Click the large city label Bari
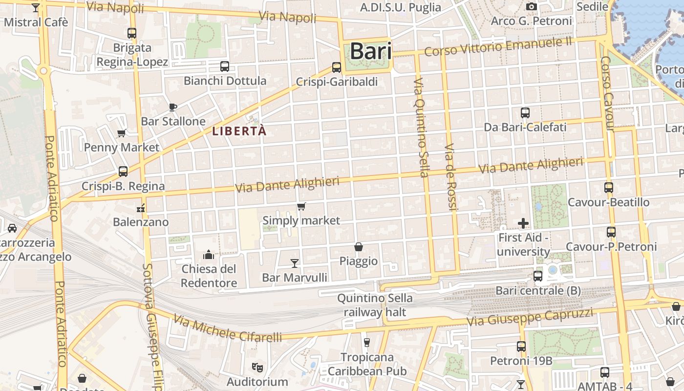371,51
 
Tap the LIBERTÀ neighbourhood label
239,131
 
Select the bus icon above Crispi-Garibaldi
336,67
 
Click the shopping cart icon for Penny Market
122,133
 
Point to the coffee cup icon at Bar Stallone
172,107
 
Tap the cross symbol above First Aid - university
523,223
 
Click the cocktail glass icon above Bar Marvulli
294,263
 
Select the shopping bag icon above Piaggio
359,247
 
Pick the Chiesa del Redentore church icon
209,255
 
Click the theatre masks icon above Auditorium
256,367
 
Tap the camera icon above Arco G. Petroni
531,7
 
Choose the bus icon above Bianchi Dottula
225,66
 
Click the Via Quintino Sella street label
421,127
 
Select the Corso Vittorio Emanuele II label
498,46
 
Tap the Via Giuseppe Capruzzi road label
530,317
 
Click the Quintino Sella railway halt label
375,305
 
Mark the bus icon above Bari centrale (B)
538,276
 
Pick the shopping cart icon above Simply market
301,207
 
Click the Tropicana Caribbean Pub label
367,364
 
